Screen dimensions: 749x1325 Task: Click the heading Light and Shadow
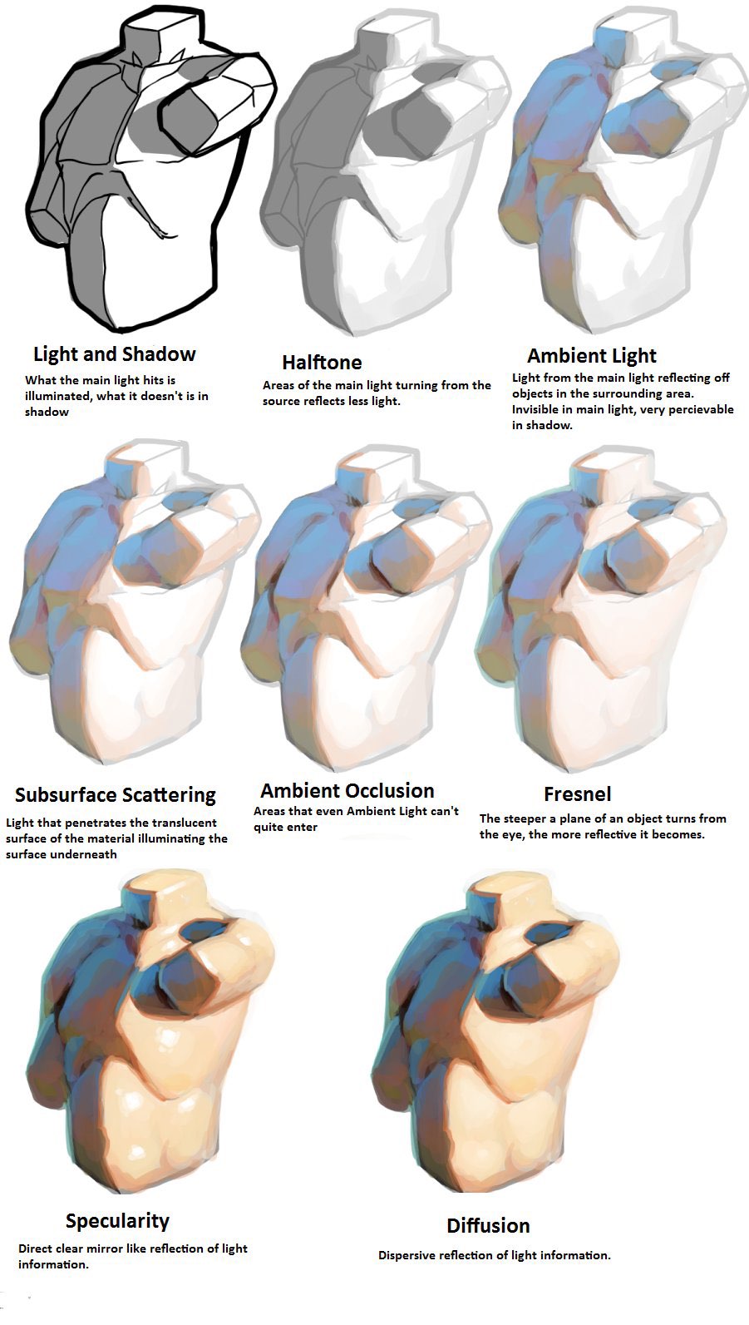pyautogui.click(x=114, y=354)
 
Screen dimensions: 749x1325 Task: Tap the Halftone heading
pyautogui.click(x=322, y=362)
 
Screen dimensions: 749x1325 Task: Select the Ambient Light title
pyautogui.click(x=592, y=355)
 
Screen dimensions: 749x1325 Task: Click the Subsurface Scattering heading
pyautogui.click(x=116, y=794)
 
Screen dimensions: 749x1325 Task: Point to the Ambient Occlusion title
pyautogui.click(x=347, y=791)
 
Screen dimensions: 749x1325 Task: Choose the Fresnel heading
pyautogui.click(x=578, y=794)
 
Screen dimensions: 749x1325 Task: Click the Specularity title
pyautogui.click(x=118, y=1221)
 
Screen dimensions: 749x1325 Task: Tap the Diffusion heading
pyautogui.click(x=488, y=1226)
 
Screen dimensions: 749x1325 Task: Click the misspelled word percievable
pyautogui.click(x=699, y=410)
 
